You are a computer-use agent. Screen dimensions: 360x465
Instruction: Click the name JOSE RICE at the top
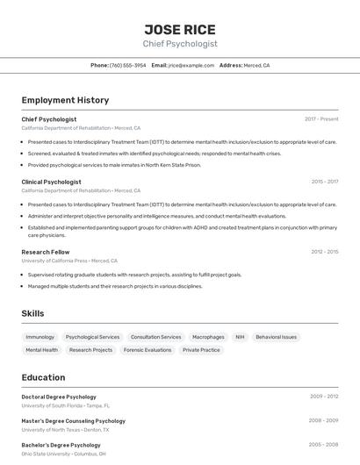pyautogui.click(x=180, y=29)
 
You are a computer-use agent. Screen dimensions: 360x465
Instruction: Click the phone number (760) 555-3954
pyautogui.click(x=128, y=66)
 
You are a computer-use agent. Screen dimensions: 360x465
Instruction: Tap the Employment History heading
pyautogui.click(x=65, y=101)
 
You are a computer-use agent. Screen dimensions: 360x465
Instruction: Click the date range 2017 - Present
pyautogui.click(x=321, y=118)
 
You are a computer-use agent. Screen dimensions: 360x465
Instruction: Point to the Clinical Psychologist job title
pyautogui.click(x=51, y=182)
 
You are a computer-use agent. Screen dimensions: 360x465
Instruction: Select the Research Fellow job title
pyautogui.click(x=45, y=252)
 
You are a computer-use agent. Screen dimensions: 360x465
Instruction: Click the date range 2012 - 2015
pyautogui.click(x=324, y=252)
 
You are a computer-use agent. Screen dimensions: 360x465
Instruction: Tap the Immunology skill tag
pyautogui.click(x=40, y=337)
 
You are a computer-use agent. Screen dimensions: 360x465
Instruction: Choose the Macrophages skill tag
pyautogui.click(x=208, y=337)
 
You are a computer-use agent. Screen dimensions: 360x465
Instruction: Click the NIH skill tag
pyautogui.click(x=240, y=337)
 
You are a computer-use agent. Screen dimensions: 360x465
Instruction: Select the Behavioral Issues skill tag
pyautogui.click(x=277, y=337)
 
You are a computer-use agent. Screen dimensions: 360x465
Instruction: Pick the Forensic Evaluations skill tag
pyautogui.click(x=148, y=350)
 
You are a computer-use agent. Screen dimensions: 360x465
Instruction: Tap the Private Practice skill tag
pyautogui.click(x=201, y=350)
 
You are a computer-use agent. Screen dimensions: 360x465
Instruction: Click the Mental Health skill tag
pyautogui.click(x=42, y=350)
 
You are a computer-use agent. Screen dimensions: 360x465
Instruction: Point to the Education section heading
pyautogui.click(x=43, y=378)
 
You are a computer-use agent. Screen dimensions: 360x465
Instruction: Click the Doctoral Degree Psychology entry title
pyautogui.click(x=59, y=397)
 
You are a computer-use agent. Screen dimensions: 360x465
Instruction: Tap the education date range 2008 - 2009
pyautogui.click(x=323, y=420)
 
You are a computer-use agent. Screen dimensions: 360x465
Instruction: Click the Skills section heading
pyautogui.click(x=32, y=313)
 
